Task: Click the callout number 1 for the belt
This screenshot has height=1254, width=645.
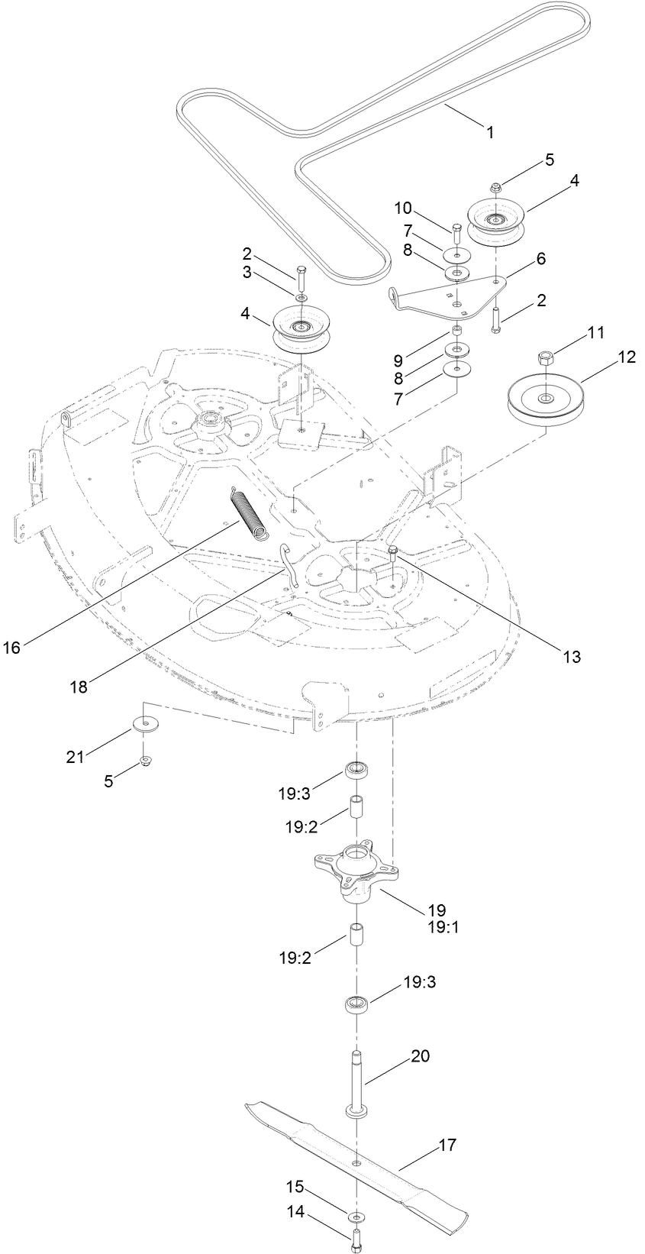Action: coord(490,131)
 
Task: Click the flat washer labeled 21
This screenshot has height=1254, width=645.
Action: coord(144,722)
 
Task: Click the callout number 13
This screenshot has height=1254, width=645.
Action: coord(571,655)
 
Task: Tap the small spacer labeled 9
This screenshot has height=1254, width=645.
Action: coord(457,331)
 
